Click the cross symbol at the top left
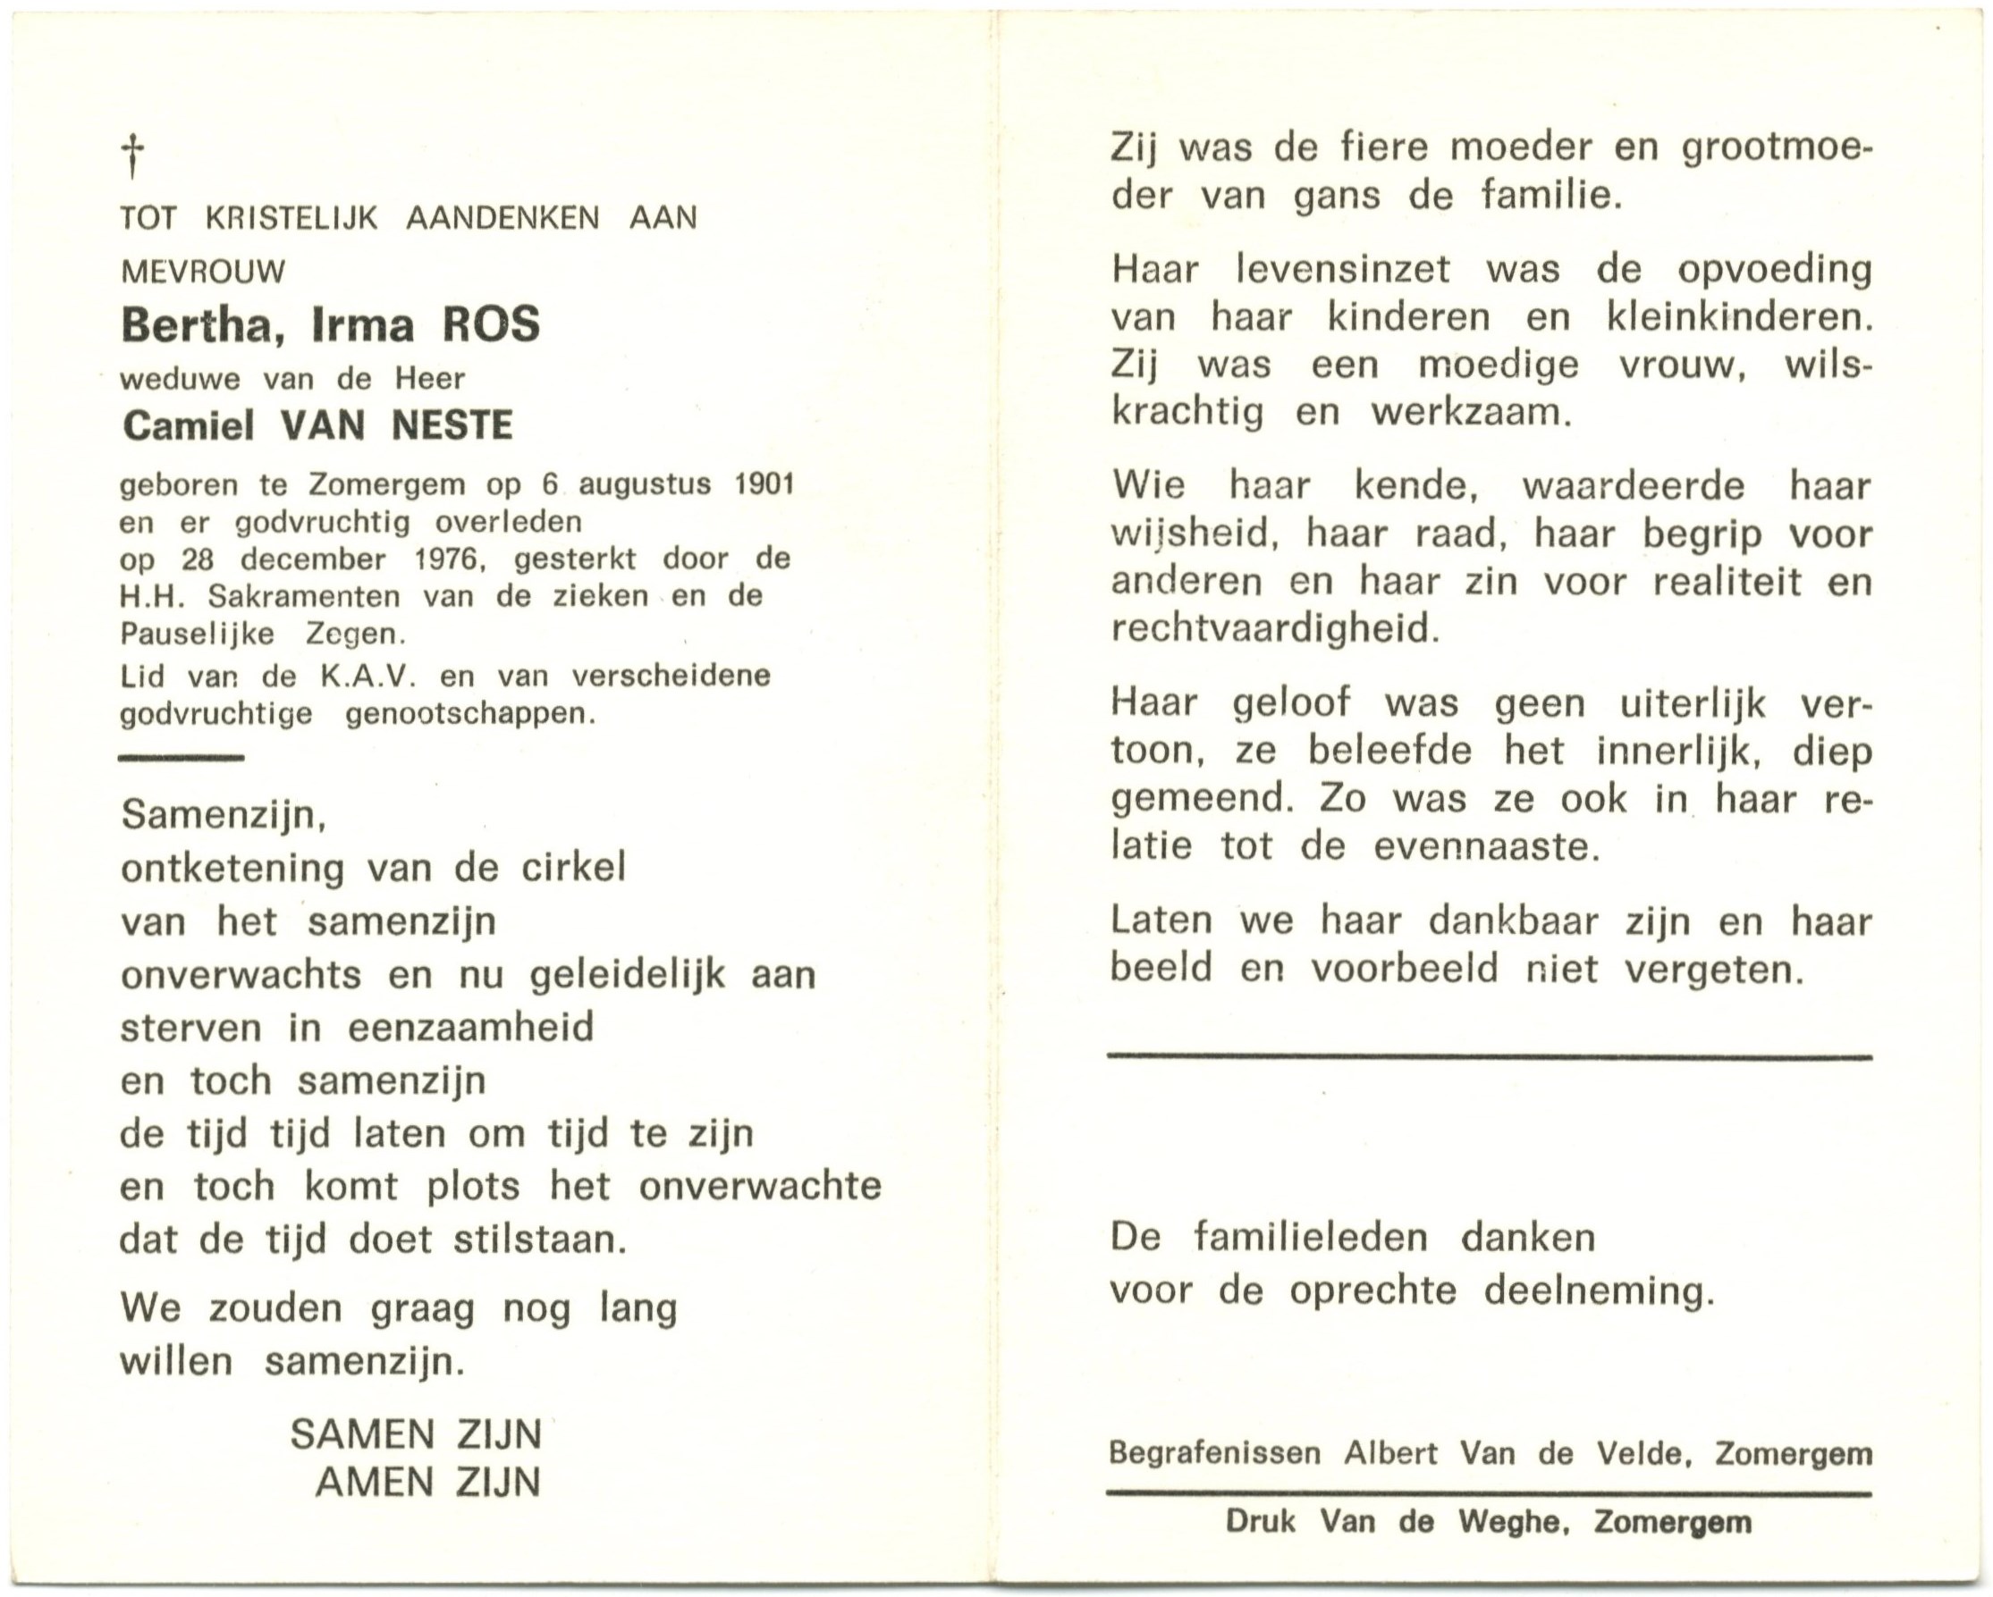134,156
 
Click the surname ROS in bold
490,325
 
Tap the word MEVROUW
203,272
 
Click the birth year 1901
764,485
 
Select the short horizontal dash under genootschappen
182,758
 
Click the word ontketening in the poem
232,869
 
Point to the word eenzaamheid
470,1028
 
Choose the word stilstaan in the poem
540,1240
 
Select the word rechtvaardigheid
1275,629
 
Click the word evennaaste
1485,846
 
